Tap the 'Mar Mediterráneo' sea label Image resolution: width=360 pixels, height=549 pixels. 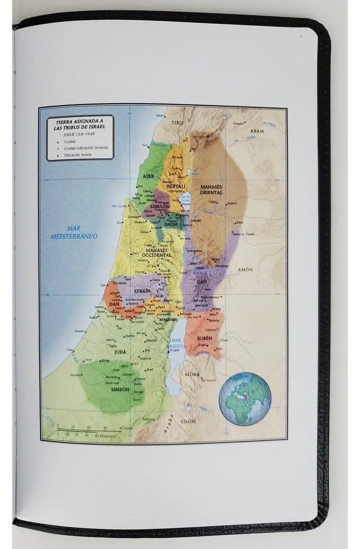(74, 233)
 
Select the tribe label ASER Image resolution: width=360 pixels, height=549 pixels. (149, 176)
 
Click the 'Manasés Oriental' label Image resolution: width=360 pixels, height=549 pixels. (211, 189)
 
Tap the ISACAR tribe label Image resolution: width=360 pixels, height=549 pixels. (171, 224)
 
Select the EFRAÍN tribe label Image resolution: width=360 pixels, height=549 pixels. (142, 291)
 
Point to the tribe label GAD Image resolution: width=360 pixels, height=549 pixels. (201, 282)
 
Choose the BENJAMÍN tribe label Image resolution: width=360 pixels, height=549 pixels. (168, 319)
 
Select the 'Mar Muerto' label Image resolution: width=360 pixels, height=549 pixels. (177, 343)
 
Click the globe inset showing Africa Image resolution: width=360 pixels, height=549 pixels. (245, 398)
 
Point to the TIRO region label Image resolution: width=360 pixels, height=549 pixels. (176, 122)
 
